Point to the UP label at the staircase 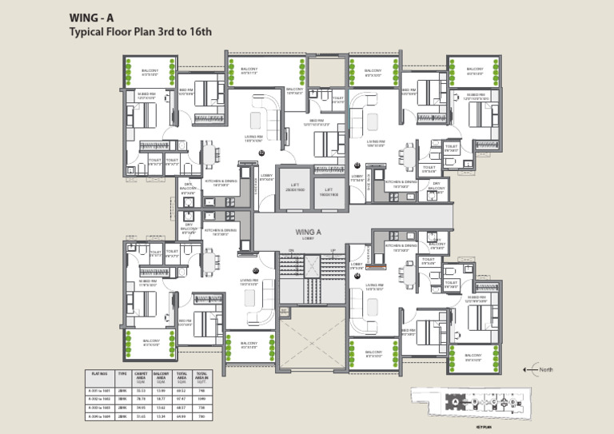[x=333, y=252]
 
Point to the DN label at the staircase [x=291, y=252]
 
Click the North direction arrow [x=528, y=368]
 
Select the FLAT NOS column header [x=100, y=373]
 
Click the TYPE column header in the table [x=122, y=373]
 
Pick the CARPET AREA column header [x=142, y=375]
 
